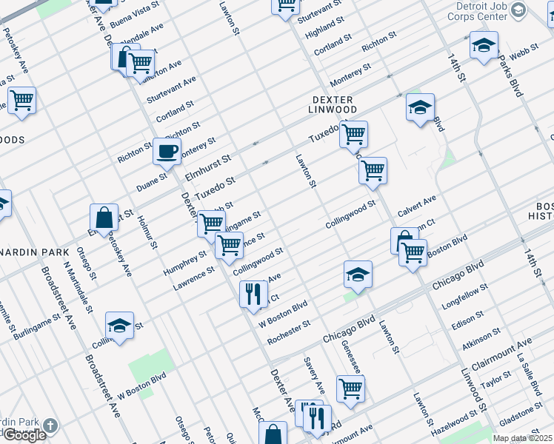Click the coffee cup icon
coord(167,152)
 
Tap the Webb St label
coord(523,52)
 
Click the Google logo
coord(24,435)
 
